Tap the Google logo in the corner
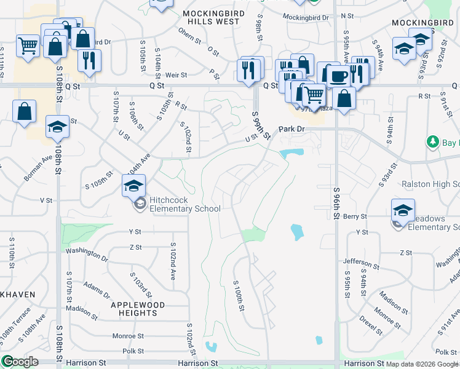click(x=20, y=362)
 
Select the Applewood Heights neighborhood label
click(x=138, y=309)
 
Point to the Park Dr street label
click(x=291, y=130)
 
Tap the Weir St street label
click(x=176, y=74)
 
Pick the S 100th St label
click(x=239, y=296)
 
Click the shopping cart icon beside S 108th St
click(x=28, y=44)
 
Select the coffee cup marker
click(x=338, y=76)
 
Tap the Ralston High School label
click(x=430, y=184)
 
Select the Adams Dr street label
click(x=96, y=288)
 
